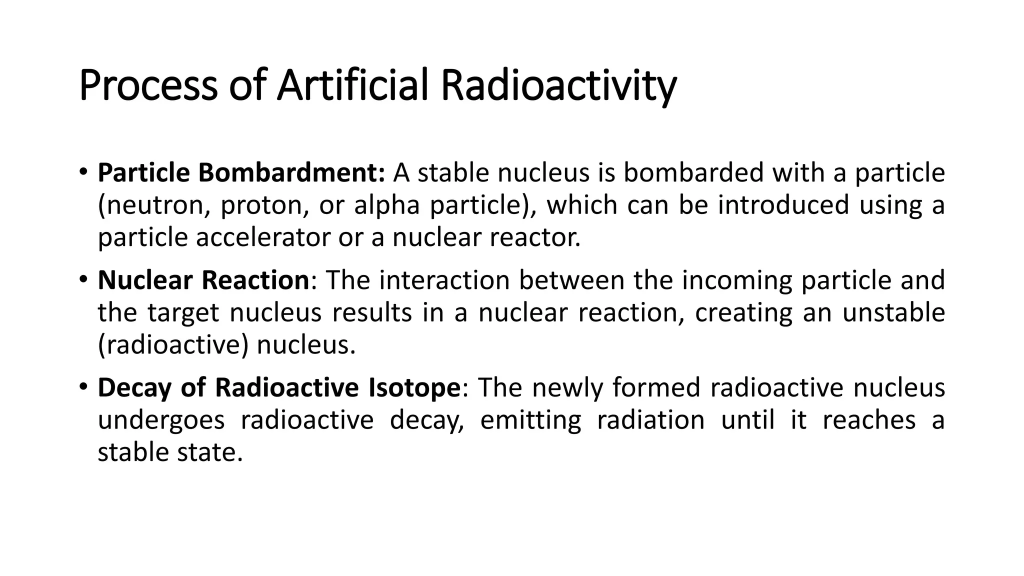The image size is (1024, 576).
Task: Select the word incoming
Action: (x=737, y=281)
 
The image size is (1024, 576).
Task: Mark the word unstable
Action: (x=893, y=312)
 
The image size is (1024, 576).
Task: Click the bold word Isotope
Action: (x=413, y=388)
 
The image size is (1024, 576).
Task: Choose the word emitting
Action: (x=530, y=421)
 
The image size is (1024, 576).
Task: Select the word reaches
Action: (x=869, y=420)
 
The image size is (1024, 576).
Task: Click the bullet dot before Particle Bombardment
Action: (x=83, y=172)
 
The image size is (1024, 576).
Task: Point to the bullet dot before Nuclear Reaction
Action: (x=83, y=279)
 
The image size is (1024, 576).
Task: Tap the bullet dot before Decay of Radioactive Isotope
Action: (x=83, y=386)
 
